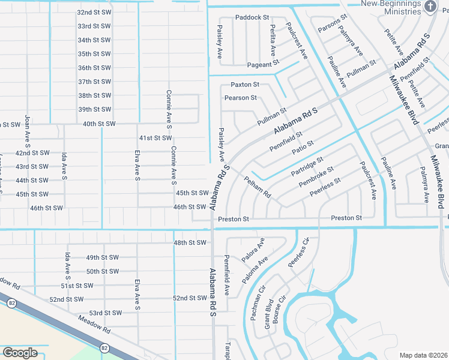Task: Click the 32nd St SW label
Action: click(94, 12)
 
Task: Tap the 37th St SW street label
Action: click(94, 82)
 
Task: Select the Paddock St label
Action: click(252, 17)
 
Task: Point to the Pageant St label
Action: click(263, 63)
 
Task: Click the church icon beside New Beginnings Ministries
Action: click(430, 6)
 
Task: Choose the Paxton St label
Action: click(245, 85)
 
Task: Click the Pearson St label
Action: click(241, 97)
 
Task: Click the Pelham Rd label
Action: click(258, 187)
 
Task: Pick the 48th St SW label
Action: click(190, 242)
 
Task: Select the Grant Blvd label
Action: click(268, 314)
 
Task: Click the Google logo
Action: click(20, 352)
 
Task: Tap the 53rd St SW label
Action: click(105, 313)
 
